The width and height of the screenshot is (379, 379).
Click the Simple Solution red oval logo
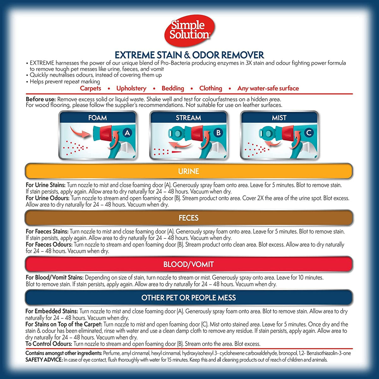tap(189, 31)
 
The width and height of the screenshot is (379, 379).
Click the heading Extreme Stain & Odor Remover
tap(189, 55)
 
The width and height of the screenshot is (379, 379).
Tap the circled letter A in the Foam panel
tap(127, 133)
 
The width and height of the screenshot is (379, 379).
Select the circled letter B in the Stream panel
tap(218, 133)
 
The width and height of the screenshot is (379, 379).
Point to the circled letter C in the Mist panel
tap(309, 133)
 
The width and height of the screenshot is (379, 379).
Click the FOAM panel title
tap(98, 118)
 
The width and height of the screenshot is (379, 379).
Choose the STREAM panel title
tap(189, 118)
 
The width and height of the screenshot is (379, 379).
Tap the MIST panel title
tap(279, 118)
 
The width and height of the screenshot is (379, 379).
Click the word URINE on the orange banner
tap(189, 171)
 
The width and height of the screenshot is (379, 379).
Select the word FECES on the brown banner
tap(189, 218)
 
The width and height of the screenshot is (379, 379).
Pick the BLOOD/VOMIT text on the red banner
tap(189, 264)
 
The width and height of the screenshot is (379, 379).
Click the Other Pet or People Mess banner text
tap(189, 298)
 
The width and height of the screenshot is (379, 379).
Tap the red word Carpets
tap(90, 88)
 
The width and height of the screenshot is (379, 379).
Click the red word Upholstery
tap(131, 88)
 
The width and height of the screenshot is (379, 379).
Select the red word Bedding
tap(173, 88)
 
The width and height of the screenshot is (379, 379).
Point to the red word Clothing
tap(211, 88)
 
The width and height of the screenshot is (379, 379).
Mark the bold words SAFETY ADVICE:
tap(44, 360)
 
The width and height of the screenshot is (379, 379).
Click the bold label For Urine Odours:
tap(48, 198)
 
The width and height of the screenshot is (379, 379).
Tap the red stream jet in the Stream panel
tap(177, 152)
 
